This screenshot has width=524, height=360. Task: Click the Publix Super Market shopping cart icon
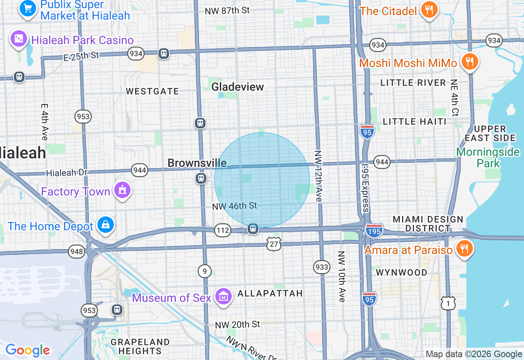[28, 8]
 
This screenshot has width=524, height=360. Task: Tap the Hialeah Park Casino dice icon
[19, 39]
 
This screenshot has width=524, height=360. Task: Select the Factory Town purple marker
[122, 190]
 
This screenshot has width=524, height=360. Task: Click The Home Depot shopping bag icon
[106, 225]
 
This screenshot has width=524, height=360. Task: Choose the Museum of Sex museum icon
[224, 297]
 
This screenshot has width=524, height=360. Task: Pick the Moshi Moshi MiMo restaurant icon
[470, 62]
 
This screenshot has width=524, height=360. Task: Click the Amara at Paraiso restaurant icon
[464, 249]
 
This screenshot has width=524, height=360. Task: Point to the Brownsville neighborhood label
[197, 163]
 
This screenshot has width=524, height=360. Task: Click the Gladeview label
[237, 87]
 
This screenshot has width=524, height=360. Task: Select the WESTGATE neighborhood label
[152, 91]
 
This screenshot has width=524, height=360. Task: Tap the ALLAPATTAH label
[270, 293]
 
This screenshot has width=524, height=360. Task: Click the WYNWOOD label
[402, 272]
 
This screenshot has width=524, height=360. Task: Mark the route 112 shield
[223, 230]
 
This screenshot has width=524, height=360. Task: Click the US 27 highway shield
[274, 243]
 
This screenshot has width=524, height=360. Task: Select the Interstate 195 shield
[375, 230]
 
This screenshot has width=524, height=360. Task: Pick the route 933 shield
[322, 267]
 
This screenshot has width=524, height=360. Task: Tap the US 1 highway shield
[448, 303]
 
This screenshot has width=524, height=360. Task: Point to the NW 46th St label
[235, 206]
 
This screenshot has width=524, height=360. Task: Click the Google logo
[27, 350]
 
